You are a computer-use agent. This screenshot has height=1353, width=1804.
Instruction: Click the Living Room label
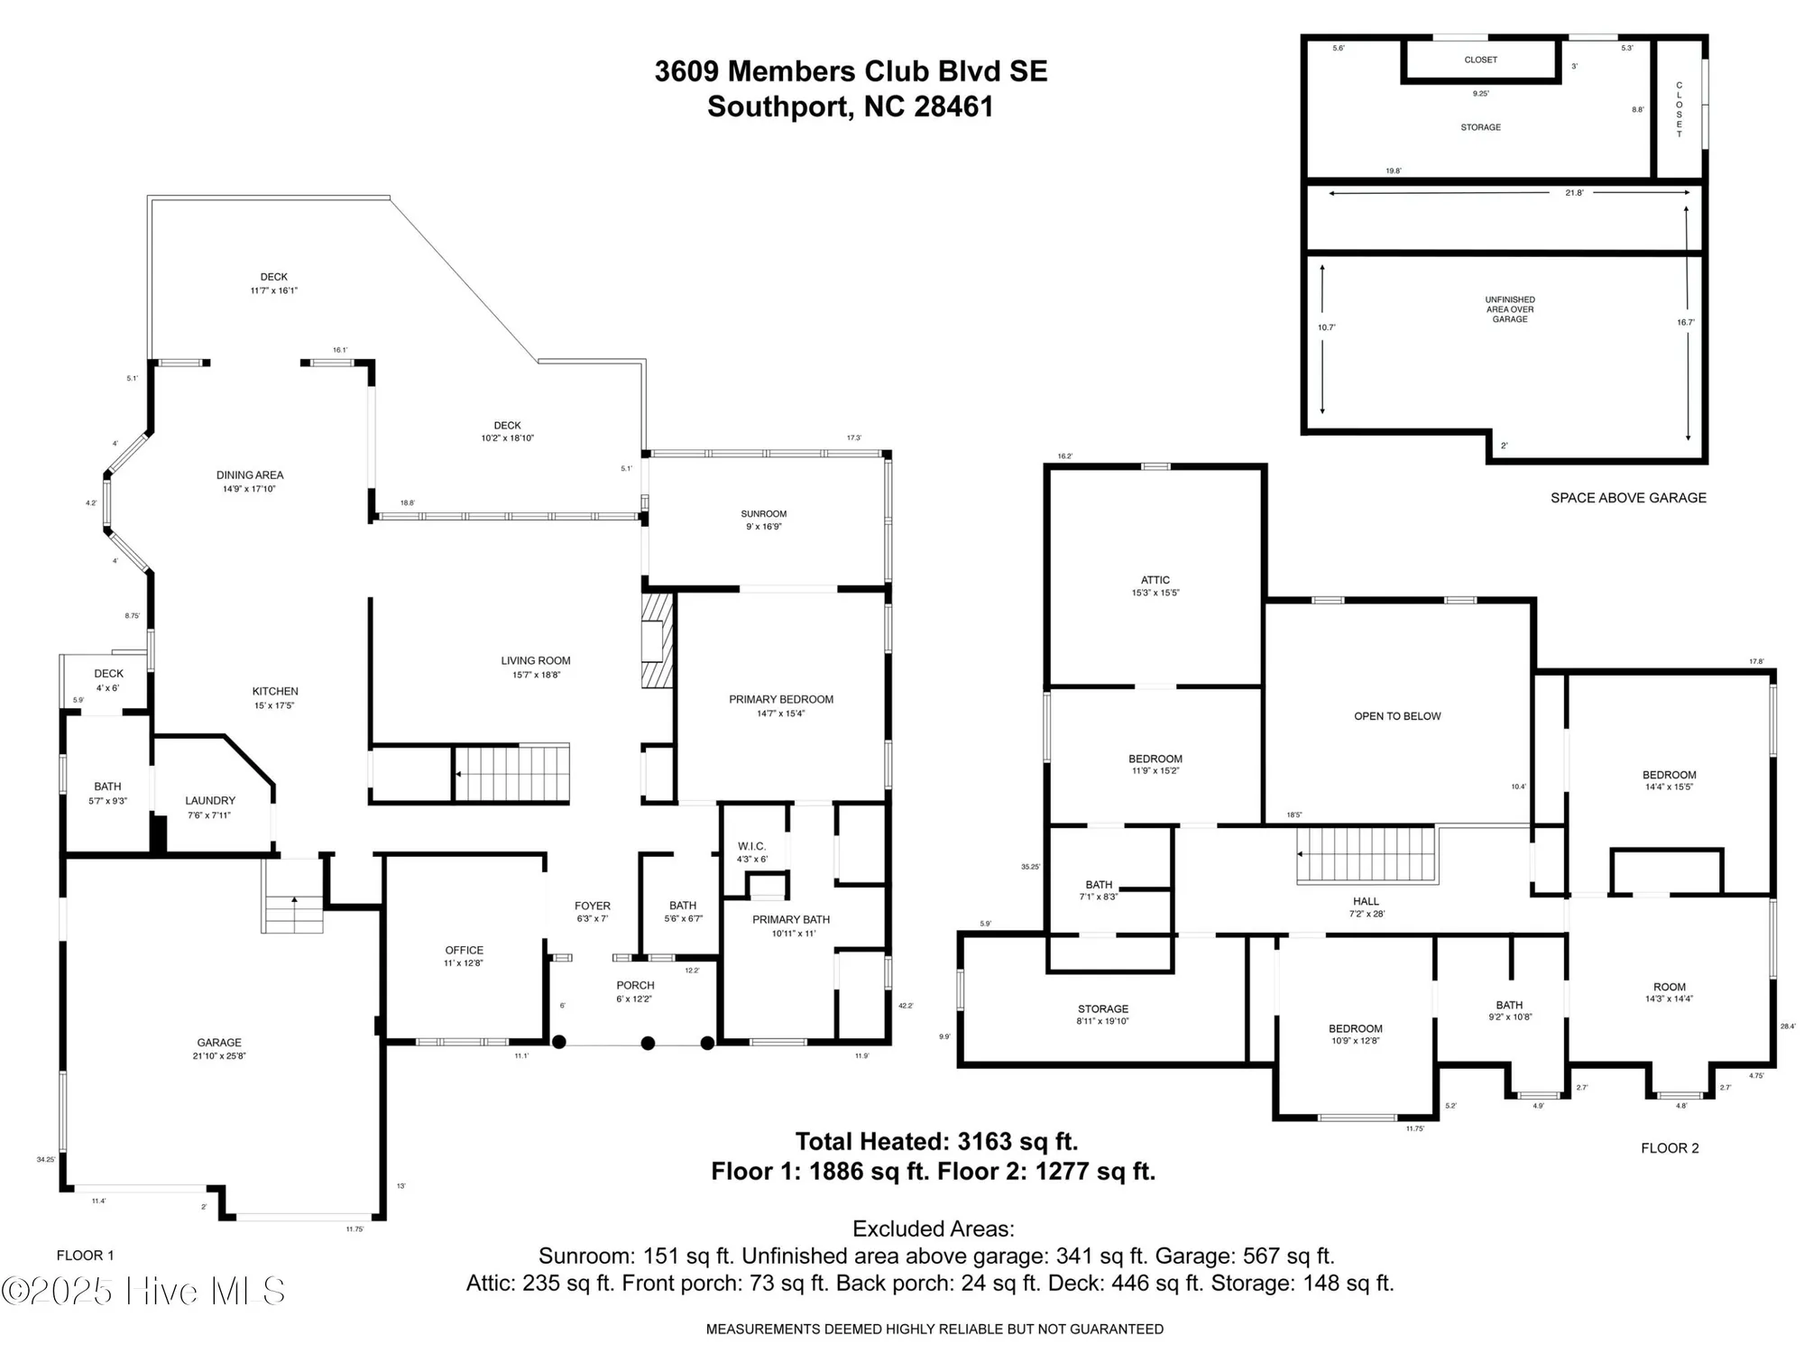(x=536, y=667)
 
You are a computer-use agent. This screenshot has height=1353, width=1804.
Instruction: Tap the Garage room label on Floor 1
(x=219, y=1048)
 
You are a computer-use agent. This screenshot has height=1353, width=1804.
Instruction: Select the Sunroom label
(x=763, y=520)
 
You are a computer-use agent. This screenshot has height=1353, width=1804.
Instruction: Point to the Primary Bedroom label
(x=780, y=705)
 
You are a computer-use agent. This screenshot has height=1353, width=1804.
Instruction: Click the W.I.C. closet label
(x=751, y=851)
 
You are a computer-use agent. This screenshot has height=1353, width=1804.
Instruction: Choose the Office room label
(x=464, y=956)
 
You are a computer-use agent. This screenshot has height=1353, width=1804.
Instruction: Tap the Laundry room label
(x=209, y=807)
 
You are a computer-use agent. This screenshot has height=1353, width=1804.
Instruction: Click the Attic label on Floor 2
(x=1155, y=585)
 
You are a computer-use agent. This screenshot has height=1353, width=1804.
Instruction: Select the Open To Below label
(x=1396, y=716)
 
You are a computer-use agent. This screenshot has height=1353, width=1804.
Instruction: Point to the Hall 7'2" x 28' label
(x=1366, y=907)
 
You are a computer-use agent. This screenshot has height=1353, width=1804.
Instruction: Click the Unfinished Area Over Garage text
(x=1509, y=309)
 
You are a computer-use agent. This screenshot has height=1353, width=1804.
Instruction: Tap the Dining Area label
(x=250, y=482)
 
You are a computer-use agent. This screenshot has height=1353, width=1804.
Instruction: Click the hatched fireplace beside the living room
(x=658, y=640)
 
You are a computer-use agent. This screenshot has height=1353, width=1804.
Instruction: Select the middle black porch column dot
(x=648, y=1044)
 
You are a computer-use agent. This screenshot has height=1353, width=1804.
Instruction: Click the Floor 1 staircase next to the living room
(x=511, y=773)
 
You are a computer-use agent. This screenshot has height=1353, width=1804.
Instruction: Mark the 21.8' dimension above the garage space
(x=1574, y=193)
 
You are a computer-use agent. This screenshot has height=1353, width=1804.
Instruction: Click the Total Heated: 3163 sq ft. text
(x=935, y=1141)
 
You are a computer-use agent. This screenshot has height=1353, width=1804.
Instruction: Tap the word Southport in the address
(x=778, y=106)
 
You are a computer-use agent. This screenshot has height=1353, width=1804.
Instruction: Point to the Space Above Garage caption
(x=1627, y=498)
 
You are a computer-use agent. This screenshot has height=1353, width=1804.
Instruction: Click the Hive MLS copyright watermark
(x=144, y=1291)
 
